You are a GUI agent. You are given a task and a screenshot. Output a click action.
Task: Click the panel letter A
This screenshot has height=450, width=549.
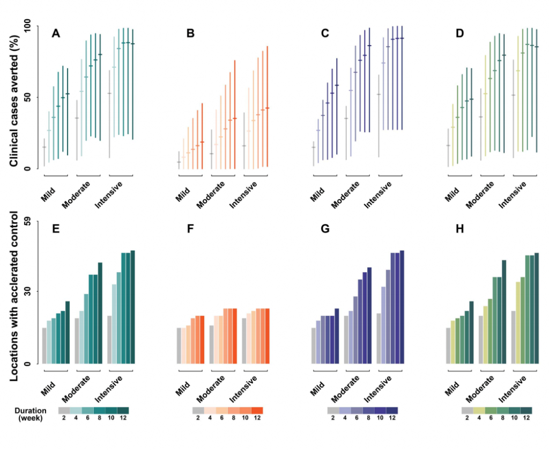coord(56,34)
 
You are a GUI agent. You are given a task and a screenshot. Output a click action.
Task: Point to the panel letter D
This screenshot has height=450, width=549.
coord(459,34)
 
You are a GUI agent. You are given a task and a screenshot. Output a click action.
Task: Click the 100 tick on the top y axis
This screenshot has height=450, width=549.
coord(25,26)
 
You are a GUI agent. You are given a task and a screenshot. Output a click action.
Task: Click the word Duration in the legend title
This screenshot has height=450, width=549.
coord(29,410)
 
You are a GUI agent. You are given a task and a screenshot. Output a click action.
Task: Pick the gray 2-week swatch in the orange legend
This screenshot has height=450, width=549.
coord(198,410)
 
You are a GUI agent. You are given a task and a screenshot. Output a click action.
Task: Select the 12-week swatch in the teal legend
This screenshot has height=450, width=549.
coord(123,410)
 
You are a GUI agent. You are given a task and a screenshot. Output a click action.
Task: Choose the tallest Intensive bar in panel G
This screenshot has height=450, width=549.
coord(402,307)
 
